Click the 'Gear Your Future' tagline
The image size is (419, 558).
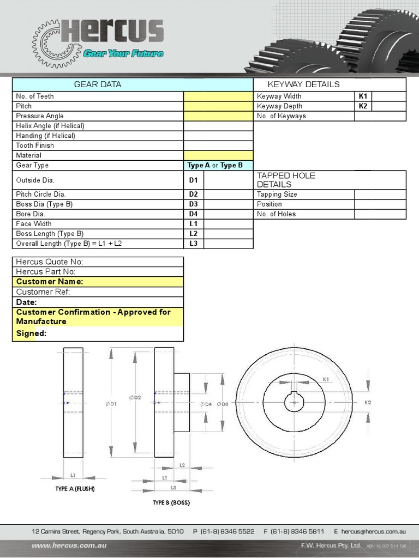(123, 53)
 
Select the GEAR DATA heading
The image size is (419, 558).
(98, 84)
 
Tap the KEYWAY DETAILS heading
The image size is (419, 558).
(303, 84)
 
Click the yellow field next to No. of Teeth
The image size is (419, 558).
(218, 96)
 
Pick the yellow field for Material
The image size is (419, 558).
(218, 155)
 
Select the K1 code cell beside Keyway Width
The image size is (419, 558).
(363, 96)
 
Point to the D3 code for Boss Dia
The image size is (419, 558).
(193, 204)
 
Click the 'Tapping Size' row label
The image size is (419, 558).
(277, 195)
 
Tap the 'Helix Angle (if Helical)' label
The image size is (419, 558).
(50, 126)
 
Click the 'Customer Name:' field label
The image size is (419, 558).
(50, 282)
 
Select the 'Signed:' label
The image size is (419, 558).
(31, 333)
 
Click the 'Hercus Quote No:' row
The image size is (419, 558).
(50, 262)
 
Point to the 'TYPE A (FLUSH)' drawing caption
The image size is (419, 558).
(75, 489)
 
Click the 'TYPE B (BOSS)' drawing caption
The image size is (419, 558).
(171, 502)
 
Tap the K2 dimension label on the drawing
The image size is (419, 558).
(368, 402)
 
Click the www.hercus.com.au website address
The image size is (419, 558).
(69, 545)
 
